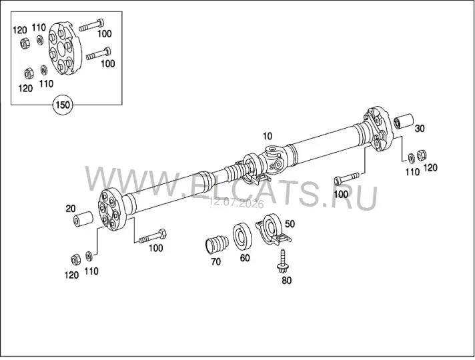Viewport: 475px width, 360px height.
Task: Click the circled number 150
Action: [x=63, y=105]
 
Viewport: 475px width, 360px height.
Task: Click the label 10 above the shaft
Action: [x=268, y=136]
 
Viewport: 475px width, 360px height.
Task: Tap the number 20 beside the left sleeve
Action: [x=71, y=209]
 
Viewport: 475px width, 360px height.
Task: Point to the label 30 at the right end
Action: [x=420, y=129]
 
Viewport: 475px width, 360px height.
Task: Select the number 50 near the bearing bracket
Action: [x=290, y=224]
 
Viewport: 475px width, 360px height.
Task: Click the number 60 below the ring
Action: [x=245, y=258]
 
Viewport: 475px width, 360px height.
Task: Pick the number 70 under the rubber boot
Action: [x=215, y=261]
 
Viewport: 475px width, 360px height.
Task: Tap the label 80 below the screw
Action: [x=286, y=281]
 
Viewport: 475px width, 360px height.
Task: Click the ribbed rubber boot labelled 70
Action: [x=216, y=245]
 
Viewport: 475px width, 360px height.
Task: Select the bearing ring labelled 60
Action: [x=242, y=236]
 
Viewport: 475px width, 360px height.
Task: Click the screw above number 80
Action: [x=284, y=261]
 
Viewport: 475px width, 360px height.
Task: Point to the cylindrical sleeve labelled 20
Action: [x=83, y=219]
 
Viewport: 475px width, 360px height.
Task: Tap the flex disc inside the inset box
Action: [x=65, y=49]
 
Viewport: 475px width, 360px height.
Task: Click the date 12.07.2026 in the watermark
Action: [x=236, y=203]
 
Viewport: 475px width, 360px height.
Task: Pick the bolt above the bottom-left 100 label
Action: [x=152, y=236]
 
